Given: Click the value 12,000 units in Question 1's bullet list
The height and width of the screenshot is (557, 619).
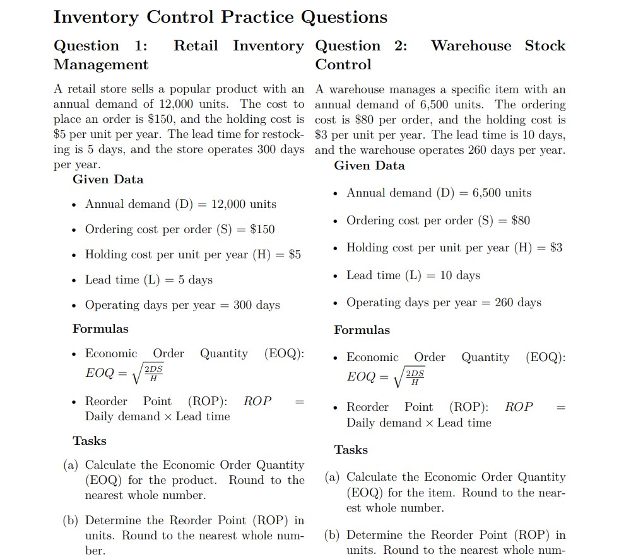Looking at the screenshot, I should [x=244, y=204].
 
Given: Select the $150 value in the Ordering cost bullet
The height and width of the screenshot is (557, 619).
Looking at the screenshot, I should [x=262, y=229].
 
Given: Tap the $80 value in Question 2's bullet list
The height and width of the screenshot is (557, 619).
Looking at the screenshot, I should [x=521, y=221].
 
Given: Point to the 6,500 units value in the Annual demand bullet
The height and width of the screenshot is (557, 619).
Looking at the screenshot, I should [x=502, y=193].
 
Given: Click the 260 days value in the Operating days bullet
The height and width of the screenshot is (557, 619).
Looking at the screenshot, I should [x=518, y=302].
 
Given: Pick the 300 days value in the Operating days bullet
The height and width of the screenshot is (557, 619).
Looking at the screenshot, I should [x=256, y=305].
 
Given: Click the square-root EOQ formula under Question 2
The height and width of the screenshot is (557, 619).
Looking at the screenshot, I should [x=386, y=377].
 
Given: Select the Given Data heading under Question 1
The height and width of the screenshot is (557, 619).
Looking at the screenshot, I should [x=108, y=180].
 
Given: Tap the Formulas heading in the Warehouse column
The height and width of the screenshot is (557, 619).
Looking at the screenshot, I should [x=362, y=330].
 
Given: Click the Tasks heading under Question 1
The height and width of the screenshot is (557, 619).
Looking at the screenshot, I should [x=90, y=441].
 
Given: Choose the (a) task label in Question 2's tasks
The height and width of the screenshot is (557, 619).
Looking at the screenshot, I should [x=334, y=478].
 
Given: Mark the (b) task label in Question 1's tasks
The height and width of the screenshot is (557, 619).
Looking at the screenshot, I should [x=71, y=521].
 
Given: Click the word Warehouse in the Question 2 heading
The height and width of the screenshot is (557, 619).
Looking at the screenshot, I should [x=471, y=46].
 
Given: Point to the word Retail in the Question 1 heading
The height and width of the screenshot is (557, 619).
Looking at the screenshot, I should [x=196, y=46].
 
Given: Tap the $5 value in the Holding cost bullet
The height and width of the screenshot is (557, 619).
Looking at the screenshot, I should [x=295, y=255].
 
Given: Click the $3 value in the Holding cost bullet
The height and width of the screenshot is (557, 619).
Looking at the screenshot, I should [x=556, y=248].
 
